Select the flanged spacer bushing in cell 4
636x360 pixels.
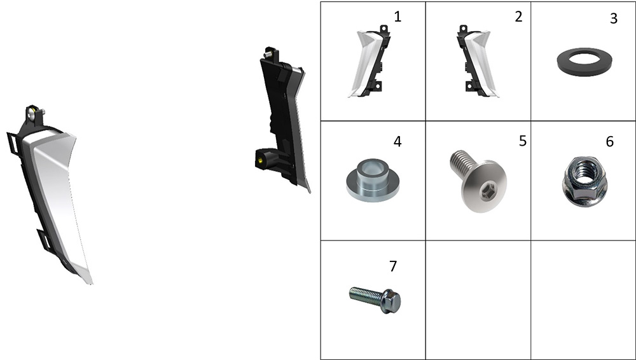click(373, 180)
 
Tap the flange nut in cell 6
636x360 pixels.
click(584, 181)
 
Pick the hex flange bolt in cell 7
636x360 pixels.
click(375, 300)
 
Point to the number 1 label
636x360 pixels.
click(397, 17)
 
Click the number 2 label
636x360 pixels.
click(518, 17)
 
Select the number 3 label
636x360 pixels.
click(614, 18)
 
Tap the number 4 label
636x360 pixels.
click(397, 141)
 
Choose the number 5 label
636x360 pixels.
click(523, 141)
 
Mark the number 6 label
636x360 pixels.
click(610, 141)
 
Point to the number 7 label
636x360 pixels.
click(392, 267)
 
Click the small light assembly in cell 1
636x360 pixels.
click(369, 62)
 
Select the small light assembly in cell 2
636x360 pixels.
click(476, 62)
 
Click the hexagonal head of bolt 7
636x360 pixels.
click(391, 301)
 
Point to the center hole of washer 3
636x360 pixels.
click(584, 59)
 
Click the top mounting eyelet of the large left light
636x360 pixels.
click(33, 115)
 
